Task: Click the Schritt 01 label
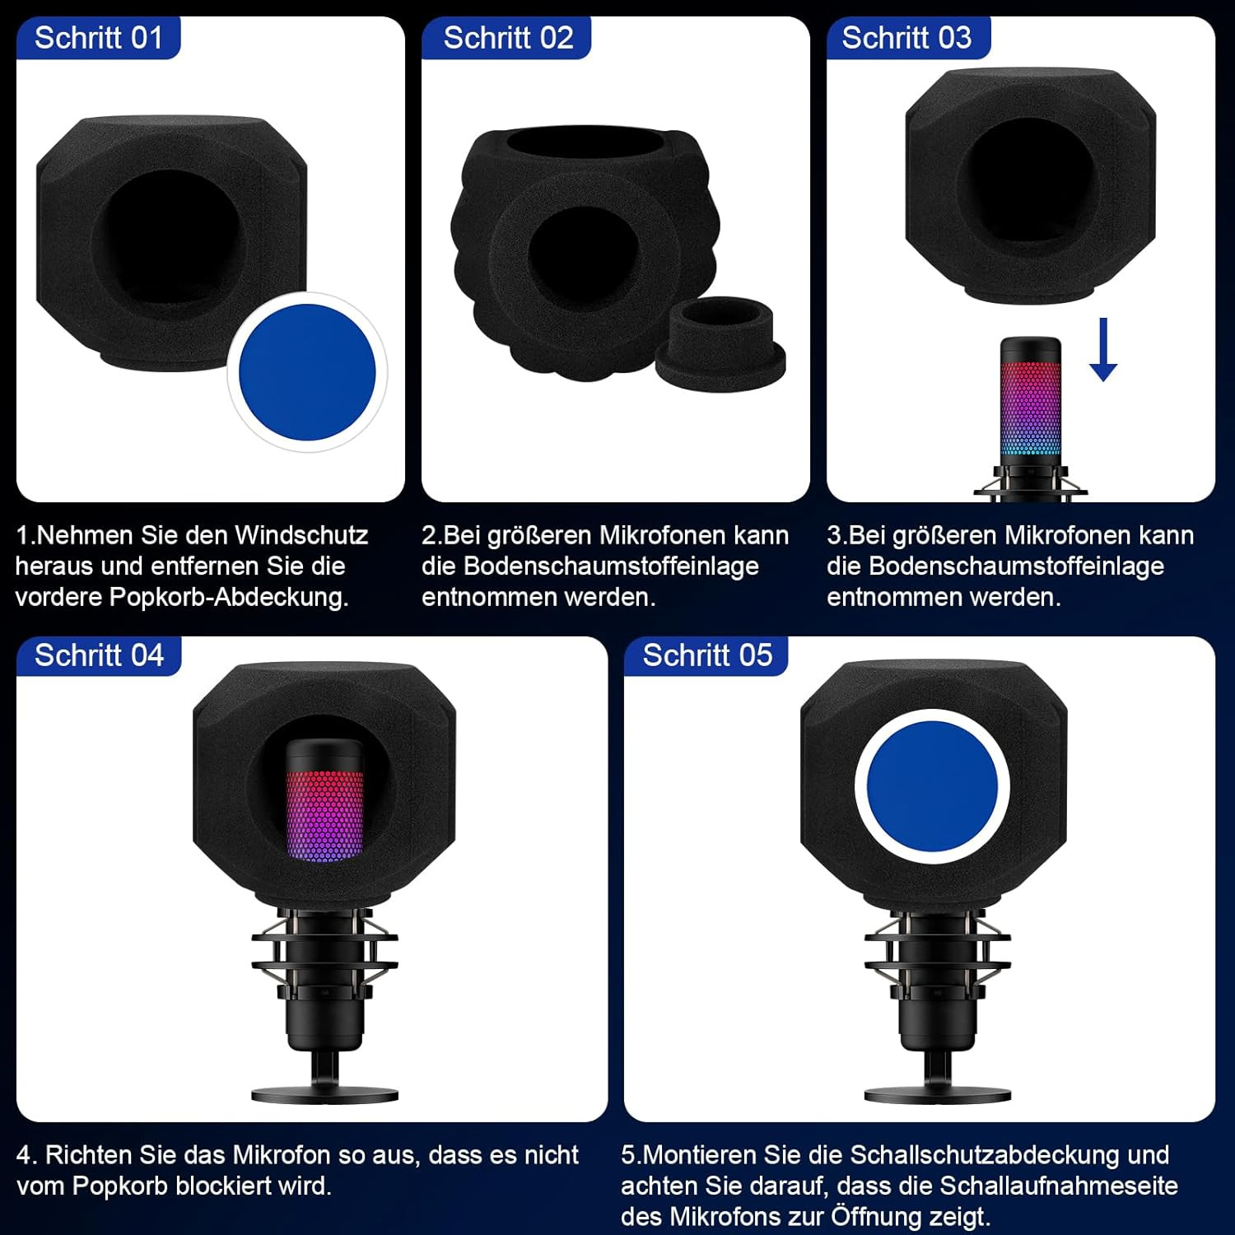click(99, 38)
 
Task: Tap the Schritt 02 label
click(508, 38)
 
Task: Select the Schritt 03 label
click(906, 38)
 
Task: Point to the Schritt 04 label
click(99, 655)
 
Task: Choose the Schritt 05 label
click(707, 655)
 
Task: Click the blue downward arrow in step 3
click(1103, 349)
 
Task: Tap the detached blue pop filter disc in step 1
click(307, 372)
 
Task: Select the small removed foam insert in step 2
click(720, 344)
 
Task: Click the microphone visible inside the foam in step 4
click(324, 800)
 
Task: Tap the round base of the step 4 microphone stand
click(324, 1095)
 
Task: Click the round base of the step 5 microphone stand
click(937, 1095)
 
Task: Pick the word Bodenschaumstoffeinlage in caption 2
click(611, 566)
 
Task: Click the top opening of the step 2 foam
click(591, 142)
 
